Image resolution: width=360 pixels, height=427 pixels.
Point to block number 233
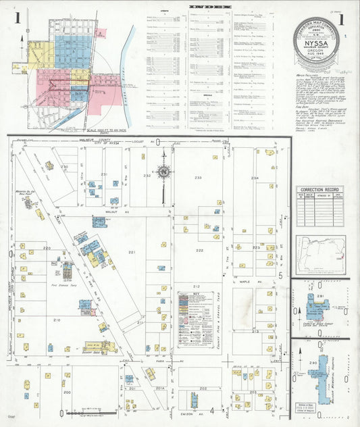198,177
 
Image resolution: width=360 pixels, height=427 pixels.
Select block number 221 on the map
132,252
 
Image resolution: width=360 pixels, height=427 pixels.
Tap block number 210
57,320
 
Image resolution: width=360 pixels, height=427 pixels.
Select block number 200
66,392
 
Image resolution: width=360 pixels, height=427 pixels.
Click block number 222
199,250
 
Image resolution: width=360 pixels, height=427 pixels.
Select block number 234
255,178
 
